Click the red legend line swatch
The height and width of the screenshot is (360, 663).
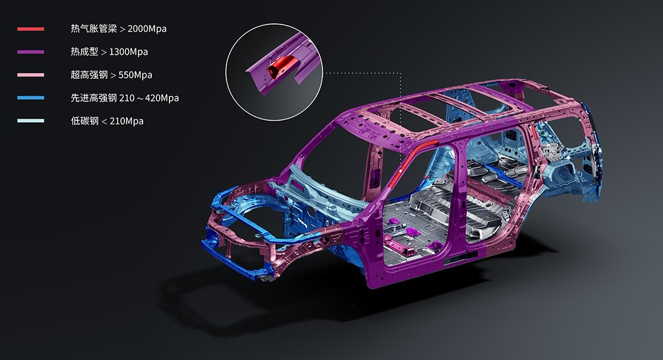coord(30,29)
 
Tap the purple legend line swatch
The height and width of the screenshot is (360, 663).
coord(30,52)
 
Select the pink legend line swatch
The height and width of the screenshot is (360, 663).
coord(30,75)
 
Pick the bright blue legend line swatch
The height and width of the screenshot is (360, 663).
coord(30,98)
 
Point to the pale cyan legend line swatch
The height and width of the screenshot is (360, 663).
coord(30,120)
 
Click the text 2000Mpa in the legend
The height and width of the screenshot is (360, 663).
coord(147,29)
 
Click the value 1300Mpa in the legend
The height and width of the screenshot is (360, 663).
coord(128,52)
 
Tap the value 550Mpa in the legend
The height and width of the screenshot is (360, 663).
coord(135,75)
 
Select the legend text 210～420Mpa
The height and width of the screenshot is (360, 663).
coord(149,98)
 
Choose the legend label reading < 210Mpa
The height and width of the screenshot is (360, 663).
coord(123,121)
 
